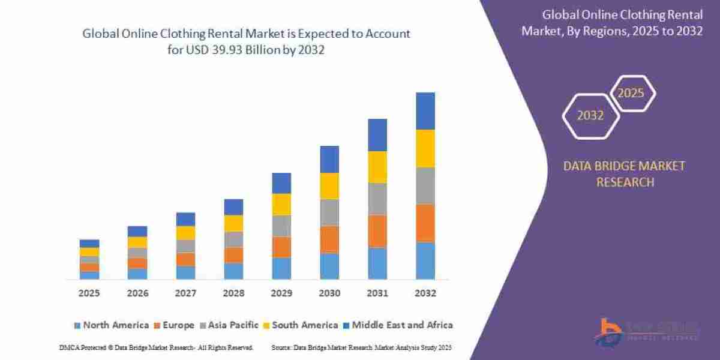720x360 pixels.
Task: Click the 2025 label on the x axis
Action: point(89,293)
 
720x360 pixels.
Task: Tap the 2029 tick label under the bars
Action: point(281,293)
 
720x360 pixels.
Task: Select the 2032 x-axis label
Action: point(425,293)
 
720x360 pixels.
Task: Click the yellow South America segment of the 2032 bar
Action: point(425,148)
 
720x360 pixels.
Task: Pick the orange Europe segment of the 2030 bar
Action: point(329,239)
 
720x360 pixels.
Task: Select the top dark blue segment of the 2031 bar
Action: point(377,135)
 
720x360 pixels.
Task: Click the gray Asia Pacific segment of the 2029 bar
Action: point(281,226)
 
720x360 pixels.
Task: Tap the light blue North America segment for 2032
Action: point(425,260)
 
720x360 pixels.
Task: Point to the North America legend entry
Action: point(111,325)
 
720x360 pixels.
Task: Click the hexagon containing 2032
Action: point(590,116)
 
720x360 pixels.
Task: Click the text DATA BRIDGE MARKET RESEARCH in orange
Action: point(624,173)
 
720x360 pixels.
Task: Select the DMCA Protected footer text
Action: point(156,347)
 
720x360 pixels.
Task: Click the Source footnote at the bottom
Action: point(361,347)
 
